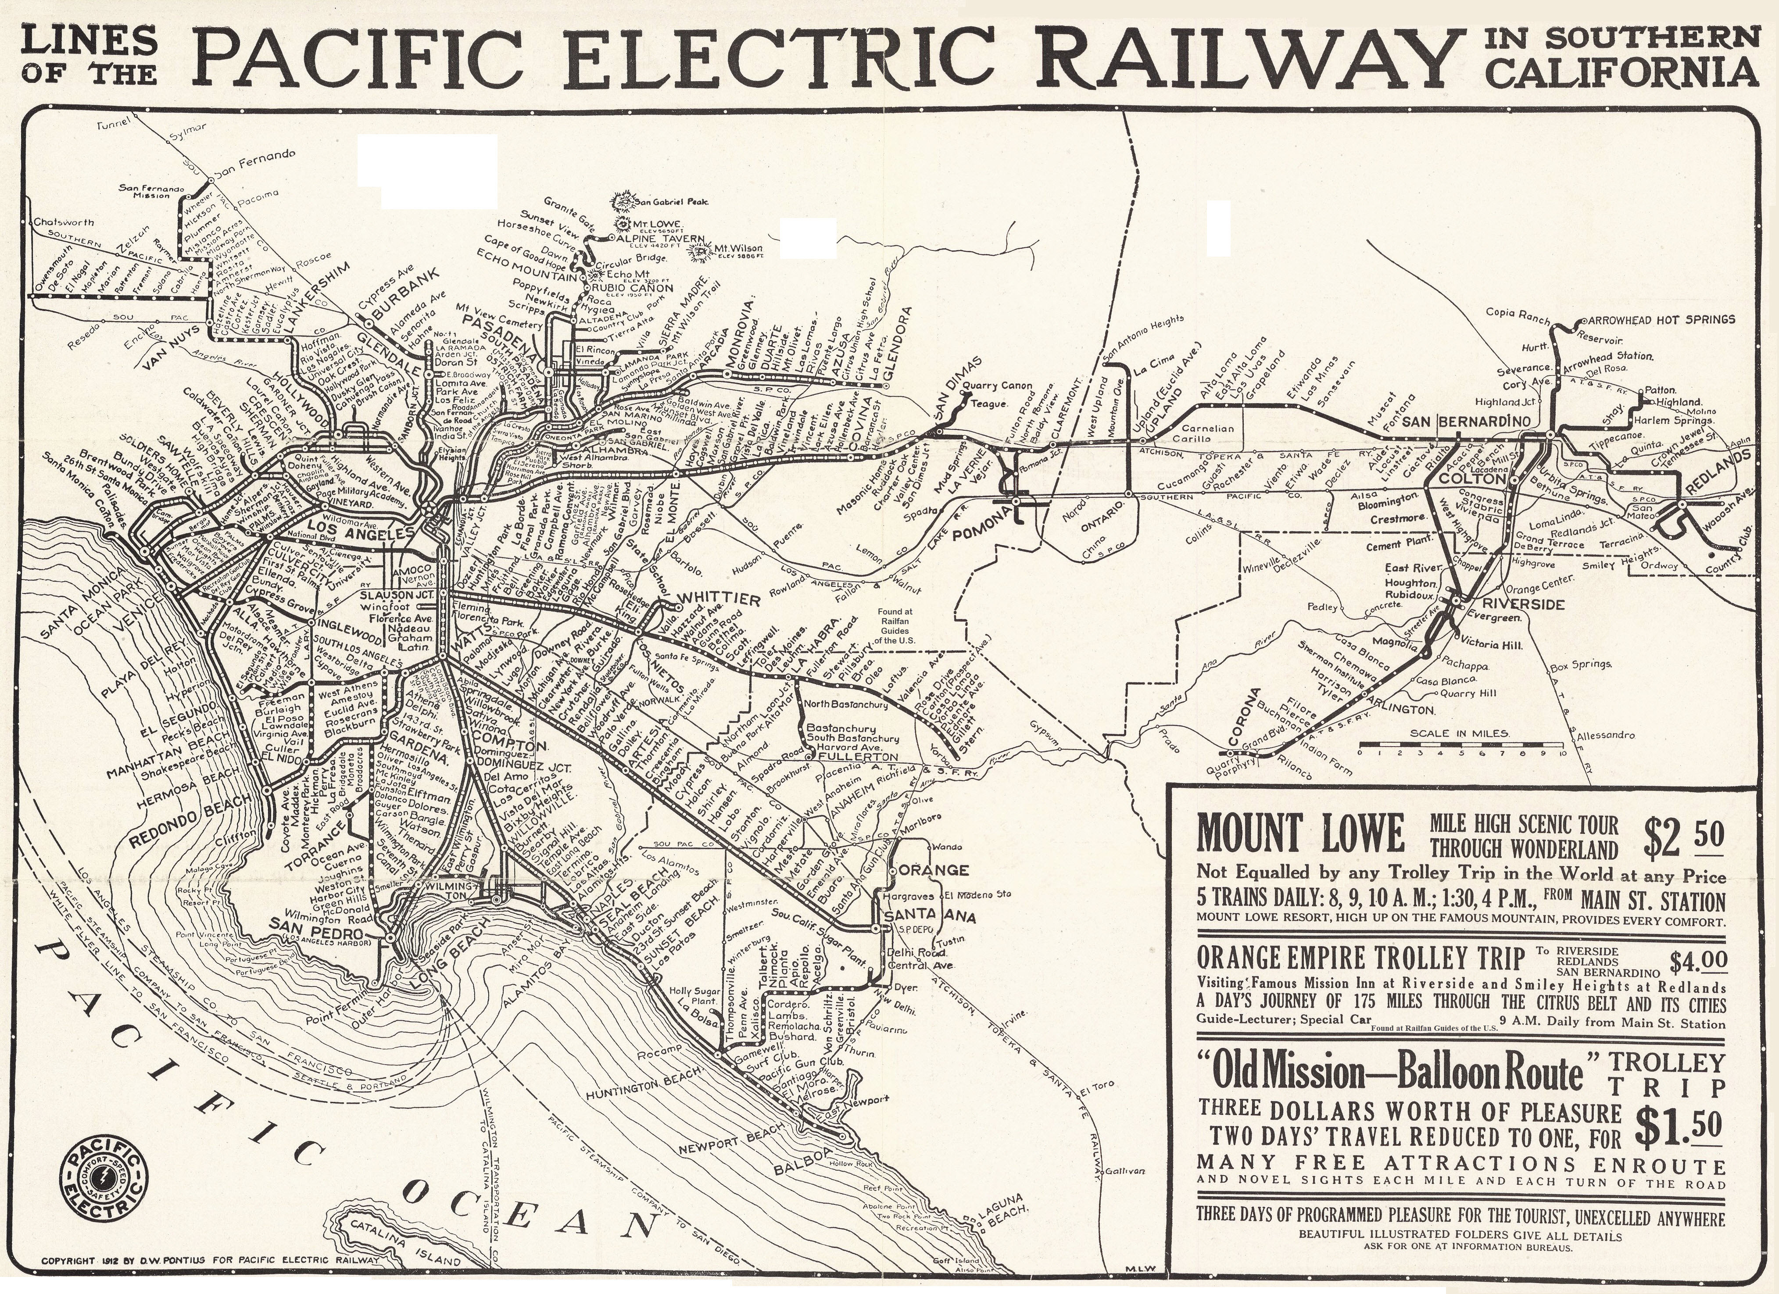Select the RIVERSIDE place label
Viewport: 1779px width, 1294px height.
coord(1510,604)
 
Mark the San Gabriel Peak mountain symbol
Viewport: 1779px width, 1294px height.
coord(627,201)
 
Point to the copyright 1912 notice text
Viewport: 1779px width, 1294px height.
coord(212,1261)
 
